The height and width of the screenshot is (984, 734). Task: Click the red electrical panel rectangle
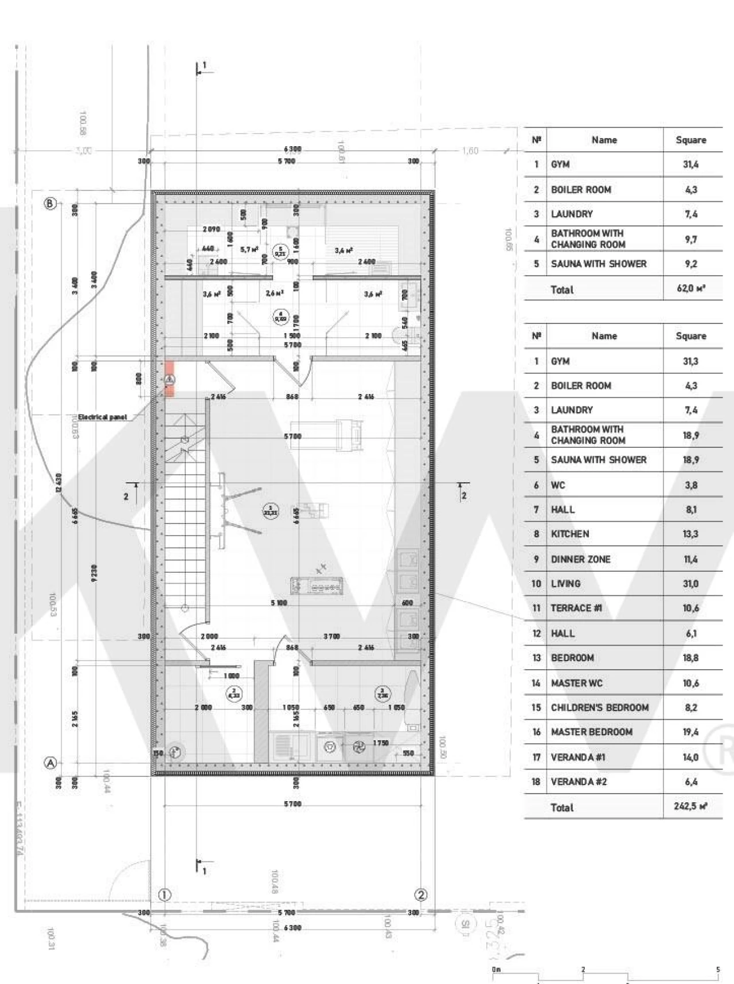(170, 378)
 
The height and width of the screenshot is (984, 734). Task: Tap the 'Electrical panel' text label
(103, 417)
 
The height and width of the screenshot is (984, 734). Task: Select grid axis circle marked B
(50, 203)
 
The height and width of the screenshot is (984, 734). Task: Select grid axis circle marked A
(50, 763)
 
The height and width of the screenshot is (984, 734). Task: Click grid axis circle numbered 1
(165, 895)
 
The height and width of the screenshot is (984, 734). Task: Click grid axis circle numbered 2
(421, 895)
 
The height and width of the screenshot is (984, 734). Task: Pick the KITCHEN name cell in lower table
(570, 534)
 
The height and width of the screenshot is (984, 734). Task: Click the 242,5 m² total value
(690, 806)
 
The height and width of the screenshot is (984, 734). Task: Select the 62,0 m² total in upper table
(690, 289)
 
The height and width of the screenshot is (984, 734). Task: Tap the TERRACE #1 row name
(576, 608)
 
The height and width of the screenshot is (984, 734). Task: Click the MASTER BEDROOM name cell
(591, 732)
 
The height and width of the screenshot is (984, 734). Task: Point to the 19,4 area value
(690, 732)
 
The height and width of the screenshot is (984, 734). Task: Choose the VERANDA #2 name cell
(579, 782)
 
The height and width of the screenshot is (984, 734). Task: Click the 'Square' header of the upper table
(690, 140)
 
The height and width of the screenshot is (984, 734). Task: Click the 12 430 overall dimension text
(58, 483)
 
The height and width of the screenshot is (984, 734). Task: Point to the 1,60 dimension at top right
(470, 151)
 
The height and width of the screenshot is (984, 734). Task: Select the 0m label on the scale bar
(496, 970)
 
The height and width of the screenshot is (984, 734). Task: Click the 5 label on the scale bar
(718, 970)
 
